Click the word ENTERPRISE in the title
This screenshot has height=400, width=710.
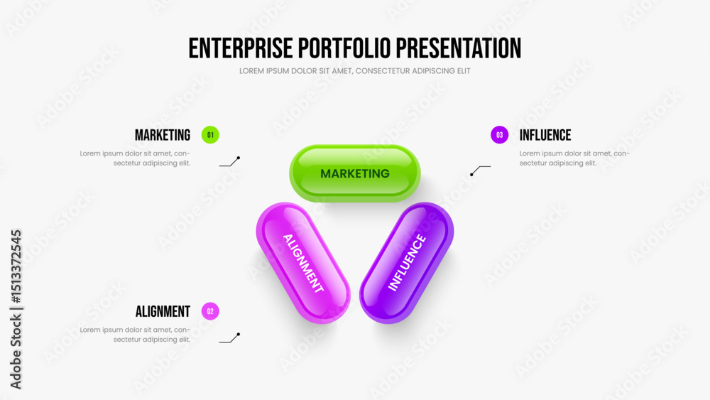pos(241,48)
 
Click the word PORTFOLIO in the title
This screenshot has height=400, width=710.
pos(344,48)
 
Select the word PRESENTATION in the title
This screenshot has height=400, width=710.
pos(458,48)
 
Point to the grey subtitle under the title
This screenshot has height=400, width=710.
pos(355,70)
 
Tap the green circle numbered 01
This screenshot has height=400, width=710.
pos(210,135)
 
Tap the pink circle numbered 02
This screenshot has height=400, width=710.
pos(210,311)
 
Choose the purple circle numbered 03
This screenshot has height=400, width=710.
pos(499,135)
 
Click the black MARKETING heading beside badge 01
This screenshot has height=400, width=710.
pos(163,135)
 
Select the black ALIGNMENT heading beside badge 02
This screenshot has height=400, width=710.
pos(163,311)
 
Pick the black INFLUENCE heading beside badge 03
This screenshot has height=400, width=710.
pos(545,135)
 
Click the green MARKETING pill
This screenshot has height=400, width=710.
pos(355,173)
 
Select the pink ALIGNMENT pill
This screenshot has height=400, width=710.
pos(303,263)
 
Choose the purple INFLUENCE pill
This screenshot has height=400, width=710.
pos(407,263)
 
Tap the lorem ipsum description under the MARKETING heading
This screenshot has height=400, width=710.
pos(135,158)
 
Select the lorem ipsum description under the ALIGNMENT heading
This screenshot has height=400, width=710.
pos(135,335)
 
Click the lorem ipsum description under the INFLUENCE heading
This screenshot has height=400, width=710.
pos(574,158)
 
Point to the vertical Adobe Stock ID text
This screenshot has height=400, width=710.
pos(16,309)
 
